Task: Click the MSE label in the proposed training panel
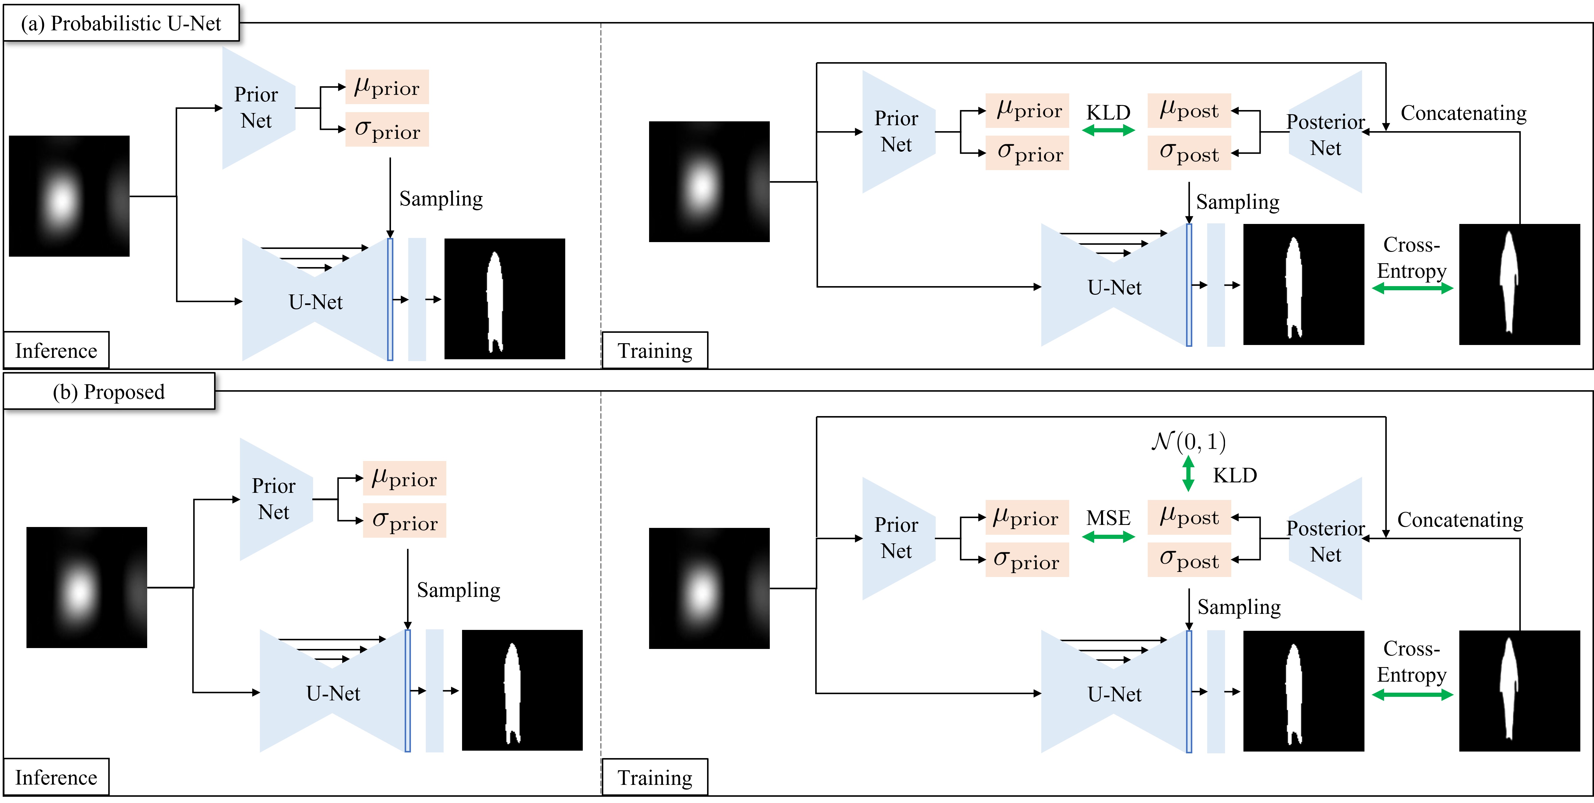pos(1108,517)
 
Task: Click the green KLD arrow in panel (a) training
pos(1108,130)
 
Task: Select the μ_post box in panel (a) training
pos(1189,110)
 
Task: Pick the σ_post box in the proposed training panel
pos(1189,560)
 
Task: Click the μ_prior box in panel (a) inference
pos(387,87)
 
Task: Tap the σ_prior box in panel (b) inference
pos(404,521)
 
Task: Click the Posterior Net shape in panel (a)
pos(1326,132)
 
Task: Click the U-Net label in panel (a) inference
pos(315,302)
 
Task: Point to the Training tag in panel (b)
pos(655,777)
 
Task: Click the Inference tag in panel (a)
pos(56,350)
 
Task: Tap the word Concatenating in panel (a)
pos(1463,113)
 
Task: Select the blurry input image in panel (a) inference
pos(69,196)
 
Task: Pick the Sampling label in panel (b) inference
pos(458,590)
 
